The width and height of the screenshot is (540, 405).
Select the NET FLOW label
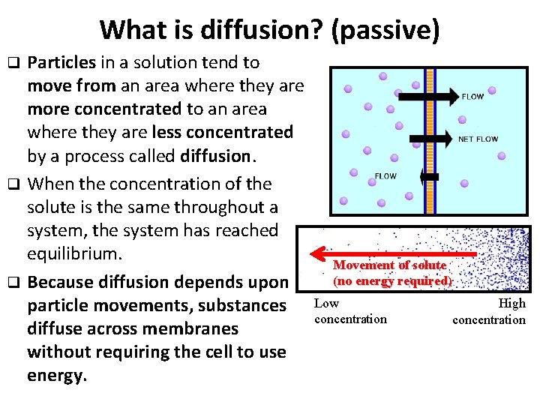(478, 139)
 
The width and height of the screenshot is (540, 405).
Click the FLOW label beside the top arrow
(472, 96)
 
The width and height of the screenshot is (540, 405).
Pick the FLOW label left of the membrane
(385, 176)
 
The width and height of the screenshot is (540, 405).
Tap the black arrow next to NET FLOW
(432, 139)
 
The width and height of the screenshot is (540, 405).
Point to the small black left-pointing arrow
(430, 176)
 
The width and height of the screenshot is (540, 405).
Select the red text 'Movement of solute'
(389, 265)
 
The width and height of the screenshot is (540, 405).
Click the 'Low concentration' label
(350, 311)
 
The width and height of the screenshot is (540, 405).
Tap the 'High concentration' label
(489, 312)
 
